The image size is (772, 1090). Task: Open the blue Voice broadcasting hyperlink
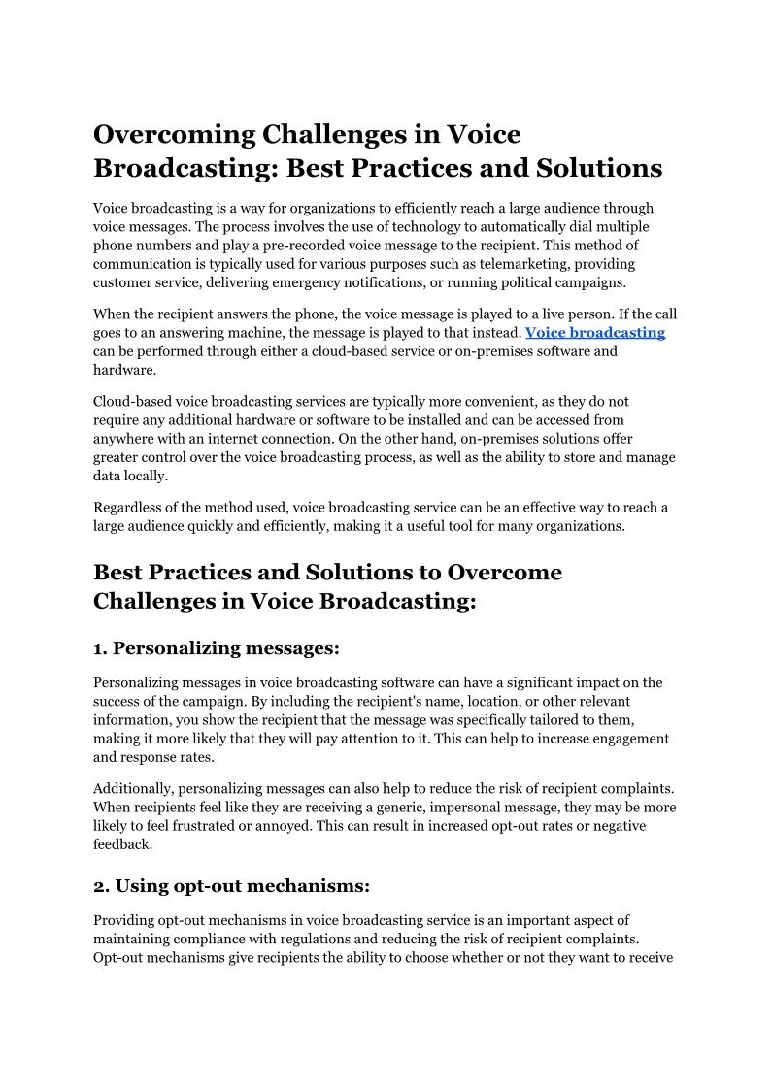595,332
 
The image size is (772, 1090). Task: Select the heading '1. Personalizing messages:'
217,647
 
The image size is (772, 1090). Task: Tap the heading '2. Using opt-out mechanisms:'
231,885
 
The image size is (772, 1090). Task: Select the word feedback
122,844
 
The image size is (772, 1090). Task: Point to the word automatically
540,226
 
